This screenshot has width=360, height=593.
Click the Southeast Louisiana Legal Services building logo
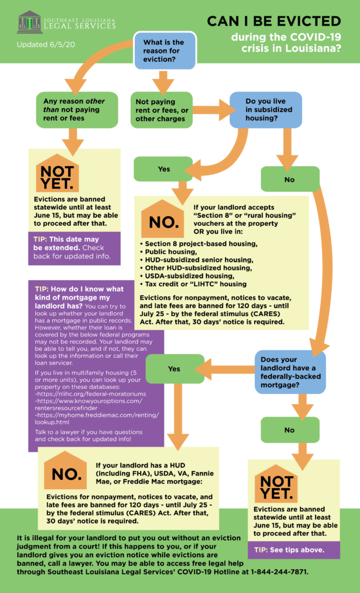(x=29, y=21)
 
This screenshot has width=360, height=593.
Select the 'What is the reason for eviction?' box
(x=164, y=51)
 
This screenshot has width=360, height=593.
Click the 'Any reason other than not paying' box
(x=77, y=109)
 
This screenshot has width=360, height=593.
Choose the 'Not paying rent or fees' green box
(x=161, y=109)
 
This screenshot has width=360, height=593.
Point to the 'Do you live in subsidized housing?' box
(x=266, y=109)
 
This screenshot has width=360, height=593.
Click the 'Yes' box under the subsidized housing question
(x=163, y=169)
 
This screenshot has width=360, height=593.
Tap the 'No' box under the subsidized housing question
(x=290, y=179)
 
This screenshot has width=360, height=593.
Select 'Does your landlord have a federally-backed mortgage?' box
(x=290, y=373)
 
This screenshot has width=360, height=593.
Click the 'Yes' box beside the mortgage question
(x=175, y=369)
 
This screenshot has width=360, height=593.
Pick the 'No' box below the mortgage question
(x=290, y=430)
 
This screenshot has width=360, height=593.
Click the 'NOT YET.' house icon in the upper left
(x=57, y=173)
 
